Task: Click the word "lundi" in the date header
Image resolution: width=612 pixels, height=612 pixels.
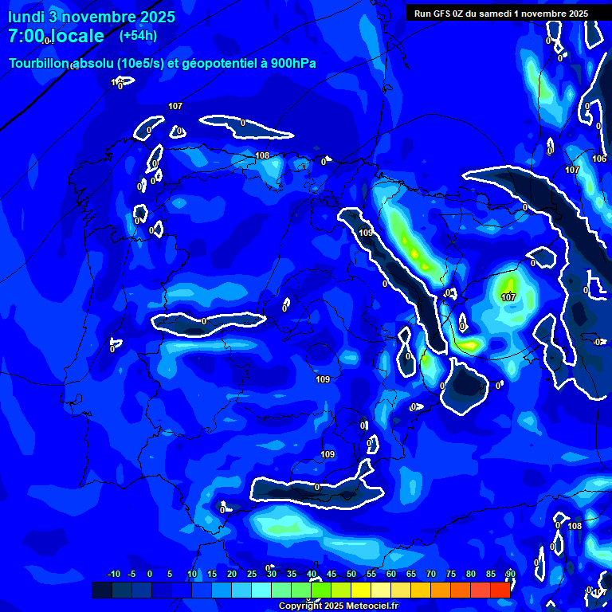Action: [25, 17]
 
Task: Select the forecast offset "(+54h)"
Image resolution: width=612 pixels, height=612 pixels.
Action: [138, 35]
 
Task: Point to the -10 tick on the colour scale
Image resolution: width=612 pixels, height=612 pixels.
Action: [113, 574]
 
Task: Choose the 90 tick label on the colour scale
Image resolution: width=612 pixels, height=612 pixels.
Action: [510, 574]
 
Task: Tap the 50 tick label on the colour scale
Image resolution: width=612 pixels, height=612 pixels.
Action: [351, 574]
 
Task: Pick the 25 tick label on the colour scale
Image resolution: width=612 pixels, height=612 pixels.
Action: [252, 574]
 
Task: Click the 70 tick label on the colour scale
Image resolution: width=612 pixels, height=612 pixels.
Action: [431, 574]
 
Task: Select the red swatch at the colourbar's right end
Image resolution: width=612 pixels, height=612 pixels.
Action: [500, 590]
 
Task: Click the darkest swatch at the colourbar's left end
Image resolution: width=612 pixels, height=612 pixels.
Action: [102, 590]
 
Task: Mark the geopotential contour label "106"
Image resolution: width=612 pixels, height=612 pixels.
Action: [599, 159]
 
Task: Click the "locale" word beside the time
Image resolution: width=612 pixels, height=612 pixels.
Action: [77, 36]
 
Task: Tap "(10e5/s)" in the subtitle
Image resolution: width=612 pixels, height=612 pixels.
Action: [139, 64]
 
